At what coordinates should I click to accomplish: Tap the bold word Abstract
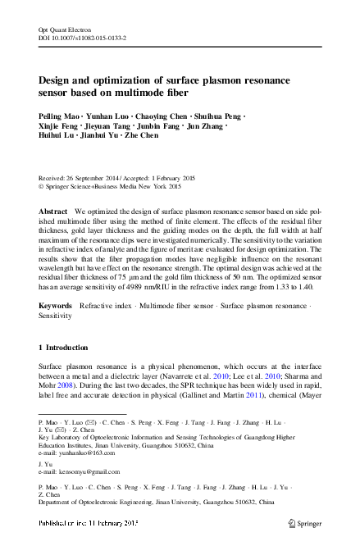pos(53,211)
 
